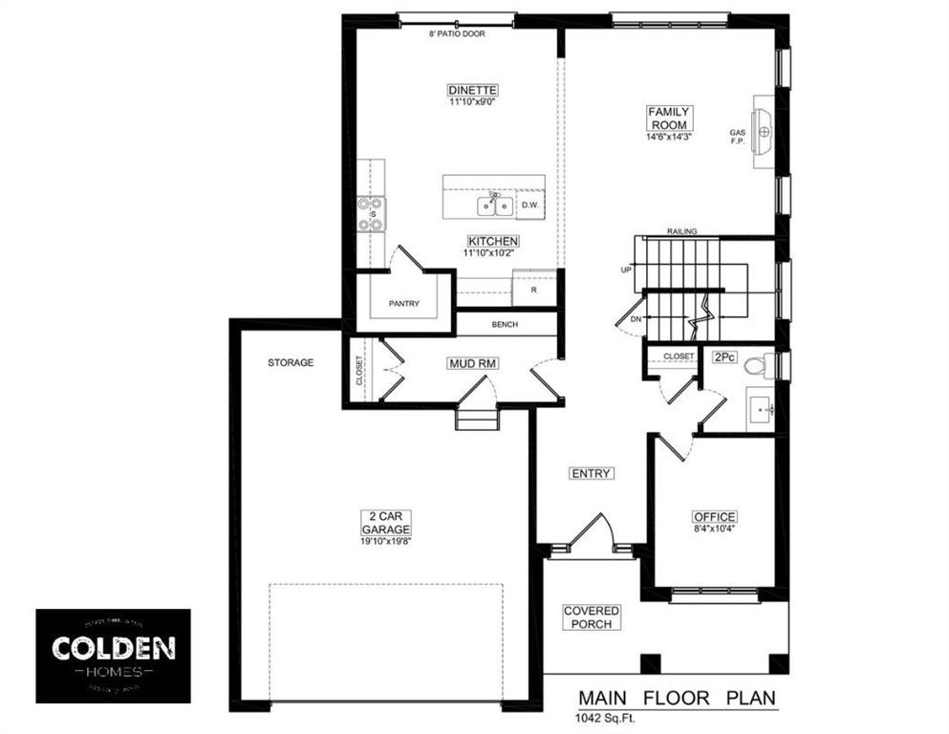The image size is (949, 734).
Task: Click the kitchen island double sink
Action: point(494,205)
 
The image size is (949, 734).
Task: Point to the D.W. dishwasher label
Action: point(529,205)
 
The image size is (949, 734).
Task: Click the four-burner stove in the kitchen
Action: point(371,214)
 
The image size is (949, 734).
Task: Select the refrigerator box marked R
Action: point(534,289)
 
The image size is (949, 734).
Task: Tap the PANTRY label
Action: point(403,304)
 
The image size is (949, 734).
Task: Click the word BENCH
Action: point(505,325)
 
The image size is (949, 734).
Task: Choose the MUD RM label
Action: point(468,364)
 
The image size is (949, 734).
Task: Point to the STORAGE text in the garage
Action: point(291,363)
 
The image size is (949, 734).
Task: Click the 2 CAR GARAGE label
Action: point(386,522)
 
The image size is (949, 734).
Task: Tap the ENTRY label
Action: point(591,473)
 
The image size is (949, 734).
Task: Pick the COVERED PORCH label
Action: point(591,617)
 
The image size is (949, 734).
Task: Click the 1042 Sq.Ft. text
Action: point(604,717)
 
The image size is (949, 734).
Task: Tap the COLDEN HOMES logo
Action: point(113,656)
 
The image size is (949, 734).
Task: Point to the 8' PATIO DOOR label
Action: point(457,33)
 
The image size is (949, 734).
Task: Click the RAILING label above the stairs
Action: point(682,231)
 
